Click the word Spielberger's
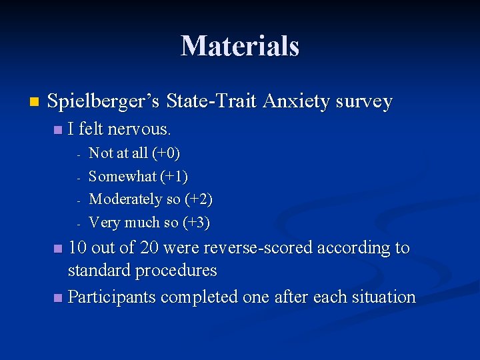[x=106, y=102]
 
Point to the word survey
[x=364, y=102]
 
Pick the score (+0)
[x=166, y=153]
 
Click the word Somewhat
[x=122, y=177]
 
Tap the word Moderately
[x=125, y=199]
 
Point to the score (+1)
[x=175, y=177]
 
